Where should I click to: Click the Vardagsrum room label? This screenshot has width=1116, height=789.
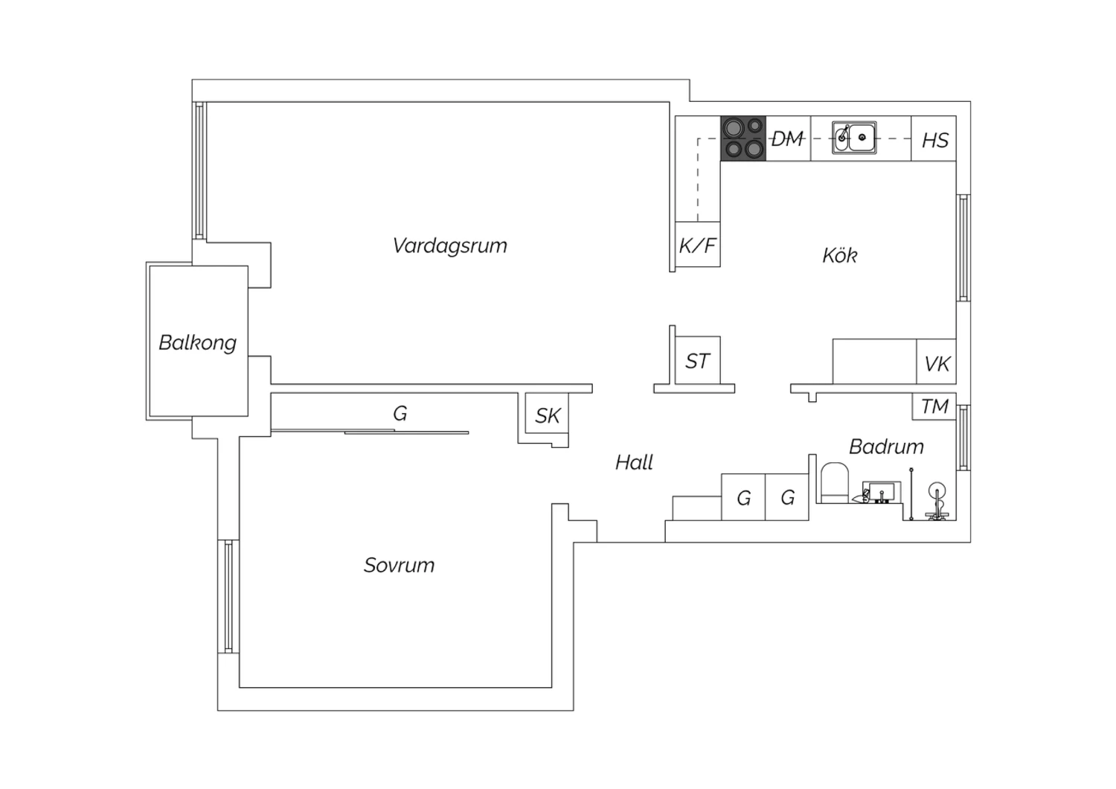[449, 246]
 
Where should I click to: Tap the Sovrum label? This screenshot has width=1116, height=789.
[399, 565]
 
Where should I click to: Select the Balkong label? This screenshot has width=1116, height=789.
[197, 343]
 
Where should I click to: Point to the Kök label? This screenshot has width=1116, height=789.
[839, 255]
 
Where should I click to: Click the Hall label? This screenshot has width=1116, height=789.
[634, 462]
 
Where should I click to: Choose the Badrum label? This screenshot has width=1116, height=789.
[886, 447]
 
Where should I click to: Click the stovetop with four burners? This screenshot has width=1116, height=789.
[743, 138]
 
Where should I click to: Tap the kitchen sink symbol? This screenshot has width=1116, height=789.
[854, 138]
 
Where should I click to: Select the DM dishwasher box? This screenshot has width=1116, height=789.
[788, 138]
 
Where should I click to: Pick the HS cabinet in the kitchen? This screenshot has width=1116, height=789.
[934, 138]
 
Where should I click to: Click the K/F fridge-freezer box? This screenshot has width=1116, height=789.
[698, 244]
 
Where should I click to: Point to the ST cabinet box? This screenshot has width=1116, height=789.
[698, 360]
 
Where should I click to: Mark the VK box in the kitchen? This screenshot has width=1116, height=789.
[936, 362]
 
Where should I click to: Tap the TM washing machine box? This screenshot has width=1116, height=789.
[934, 406]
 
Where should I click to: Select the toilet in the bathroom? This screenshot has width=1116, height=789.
[835, 483]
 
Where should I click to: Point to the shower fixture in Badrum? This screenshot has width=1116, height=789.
[937, 502]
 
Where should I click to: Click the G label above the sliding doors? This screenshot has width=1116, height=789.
[400, 413]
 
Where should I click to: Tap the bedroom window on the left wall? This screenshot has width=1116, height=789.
[228, 596]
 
